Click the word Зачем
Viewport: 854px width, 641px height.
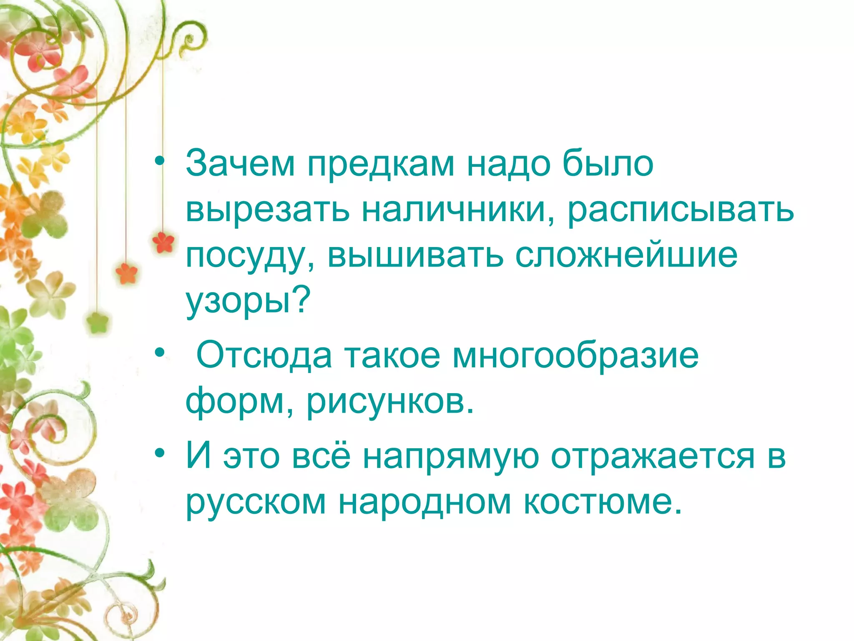click(x=240, y=164)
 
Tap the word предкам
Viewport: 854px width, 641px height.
click(x=381, y=164)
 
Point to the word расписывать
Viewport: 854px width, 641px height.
click(x=681, y=210)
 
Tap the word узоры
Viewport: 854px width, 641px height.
click(x=239, y=301)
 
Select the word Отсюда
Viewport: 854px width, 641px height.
click(x=264, y=356)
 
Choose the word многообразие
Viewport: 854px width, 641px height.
click(x=575, y=356)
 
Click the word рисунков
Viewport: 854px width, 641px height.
click(x=390, y=402)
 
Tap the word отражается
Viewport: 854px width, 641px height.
click(x=653, y=457)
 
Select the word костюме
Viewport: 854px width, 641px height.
click(x=602, y=502)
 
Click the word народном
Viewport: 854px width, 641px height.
click(x=424, y=502)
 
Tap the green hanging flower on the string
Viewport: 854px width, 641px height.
click(x=98, y=322)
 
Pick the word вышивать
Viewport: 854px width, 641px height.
click(x=415, y=255)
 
